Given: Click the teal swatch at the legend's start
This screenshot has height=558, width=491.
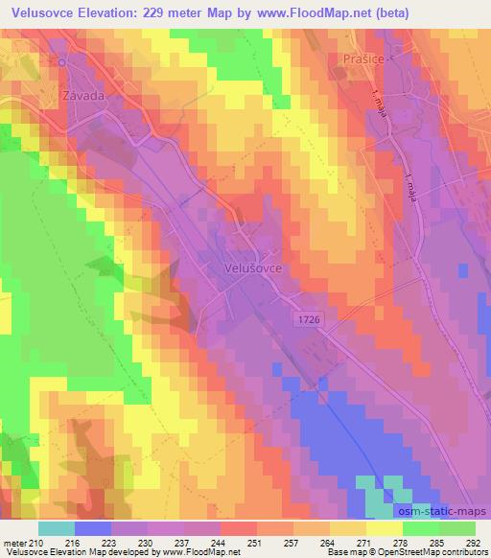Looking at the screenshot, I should point(56,527).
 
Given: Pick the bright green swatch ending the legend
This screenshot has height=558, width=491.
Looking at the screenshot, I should point(457,527).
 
